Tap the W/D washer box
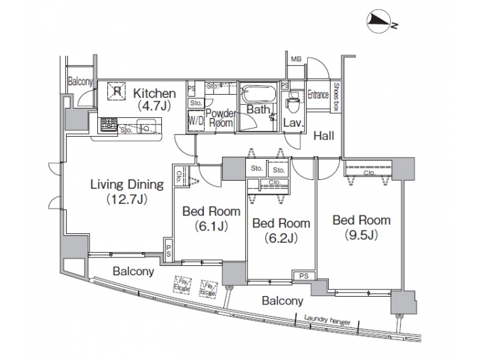click(x=196, y=121)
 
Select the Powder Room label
click(x=220, y=118)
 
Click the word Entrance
click(x=318, y=95)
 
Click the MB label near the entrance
click(x=296, y=60)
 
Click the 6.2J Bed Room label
click(x=281, y=229)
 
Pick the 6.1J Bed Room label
click(x=211, y=218)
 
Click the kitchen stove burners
click(x=109, y=123)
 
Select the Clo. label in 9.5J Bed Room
click(x=369, y=173)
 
